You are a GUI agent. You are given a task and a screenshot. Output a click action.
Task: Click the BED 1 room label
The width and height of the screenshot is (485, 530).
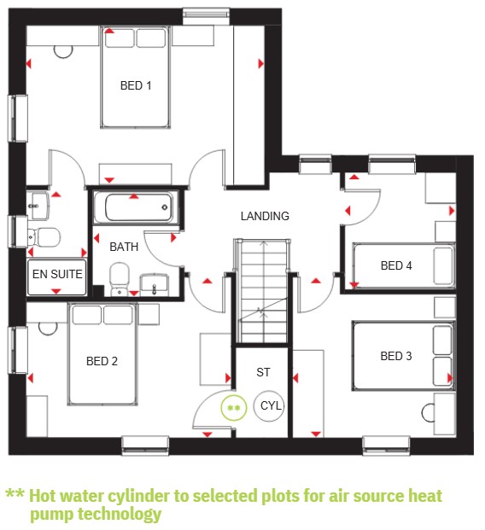coord(136,85)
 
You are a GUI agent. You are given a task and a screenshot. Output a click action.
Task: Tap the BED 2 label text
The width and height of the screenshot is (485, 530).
coord(102,361)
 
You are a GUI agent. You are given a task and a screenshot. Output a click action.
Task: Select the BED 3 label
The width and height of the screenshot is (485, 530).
coord(396,356)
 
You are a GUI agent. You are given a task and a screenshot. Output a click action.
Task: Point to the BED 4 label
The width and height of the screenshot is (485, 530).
coord(396,265)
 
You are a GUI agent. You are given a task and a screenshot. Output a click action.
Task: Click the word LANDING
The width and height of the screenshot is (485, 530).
coord(265,216)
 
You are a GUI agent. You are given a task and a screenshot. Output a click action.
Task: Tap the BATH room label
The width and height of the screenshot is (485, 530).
coord(124,247)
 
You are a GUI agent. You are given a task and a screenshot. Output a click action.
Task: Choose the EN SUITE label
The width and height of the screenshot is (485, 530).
coord(57,274)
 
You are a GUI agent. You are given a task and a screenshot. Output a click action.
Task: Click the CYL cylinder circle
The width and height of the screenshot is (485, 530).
coord(269,405)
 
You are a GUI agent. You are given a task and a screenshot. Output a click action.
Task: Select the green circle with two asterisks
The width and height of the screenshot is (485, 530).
coord(234,408)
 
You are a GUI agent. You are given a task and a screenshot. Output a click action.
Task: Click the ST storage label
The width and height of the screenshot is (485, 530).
coord(263,372)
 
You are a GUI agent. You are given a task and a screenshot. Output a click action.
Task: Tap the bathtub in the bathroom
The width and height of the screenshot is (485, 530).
coord(136,207)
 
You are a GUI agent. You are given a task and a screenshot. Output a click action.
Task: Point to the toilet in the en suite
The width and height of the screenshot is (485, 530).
coord(44,237)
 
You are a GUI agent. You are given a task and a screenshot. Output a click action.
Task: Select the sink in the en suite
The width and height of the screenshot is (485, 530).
coord(38,206)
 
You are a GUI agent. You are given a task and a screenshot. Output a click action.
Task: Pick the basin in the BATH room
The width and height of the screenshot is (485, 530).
coord(155,284)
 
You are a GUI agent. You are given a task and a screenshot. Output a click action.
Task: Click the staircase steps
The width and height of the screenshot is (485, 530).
coord(263,291)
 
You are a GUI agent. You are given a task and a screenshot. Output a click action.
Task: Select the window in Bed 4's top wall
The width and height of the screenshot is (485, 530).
coord(392,164)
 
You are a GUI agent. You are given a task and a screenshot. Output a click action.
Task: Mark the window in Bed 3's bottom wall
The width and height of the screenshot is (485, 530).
coord(386,446)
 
